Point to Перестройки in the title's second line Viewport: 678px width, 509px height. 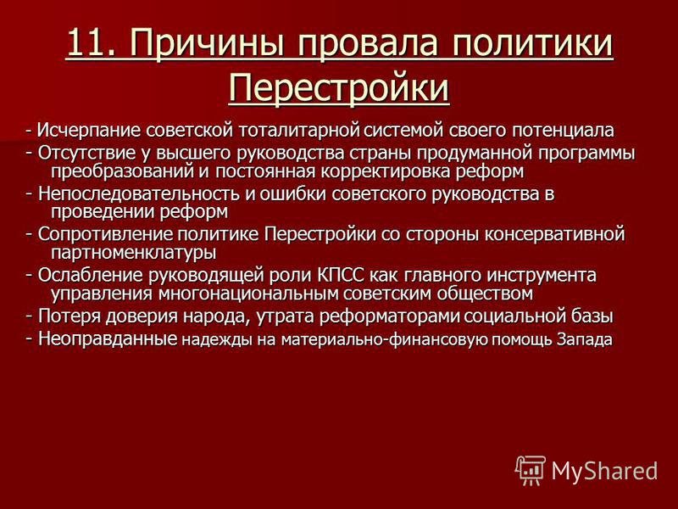click(339, 88)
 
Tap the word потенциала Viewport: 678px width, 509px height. click(563, 131)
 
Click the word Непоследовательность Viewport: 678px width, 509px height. click(138, 194)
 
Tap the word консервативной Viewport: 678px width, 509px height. click(555, 235)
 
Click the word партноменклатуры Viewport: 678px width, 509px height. click(134, 253)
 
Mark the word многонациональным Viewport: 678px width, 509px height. click(247, 294)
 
